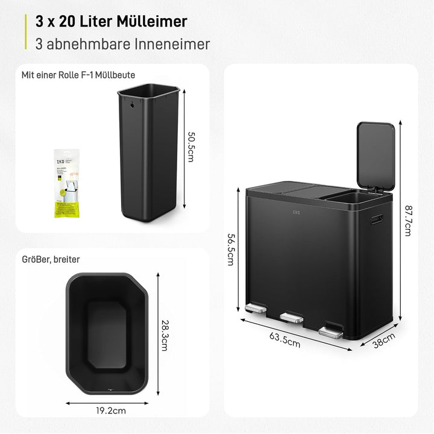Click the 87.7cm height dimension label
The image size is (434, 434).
tap(408, 221)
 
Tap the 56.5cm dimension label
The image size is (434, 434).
tap(230, 250)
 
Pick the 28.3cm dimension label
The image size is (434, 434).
tap(165, 335)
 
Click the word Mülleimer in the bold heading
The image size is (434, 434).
tap(151, 21)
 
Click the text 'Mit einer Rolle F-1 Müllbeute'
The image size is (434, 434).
tap(78, 75)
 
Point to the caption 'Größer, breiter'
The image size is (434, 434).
tap(51, 259)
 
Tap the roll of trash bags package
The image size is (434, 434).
tap(66, 183)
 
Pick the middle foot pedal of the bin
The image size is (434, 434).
tap(292, 316)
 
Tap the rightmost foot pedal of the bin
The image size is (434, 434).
tap(330, 331)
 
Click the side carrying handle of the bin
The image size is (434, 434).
tap(377, 219)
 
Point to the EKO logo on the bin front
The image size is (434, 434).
tap(297, 212)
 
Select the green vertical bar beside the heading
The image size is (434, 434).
tap(25, 31)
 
